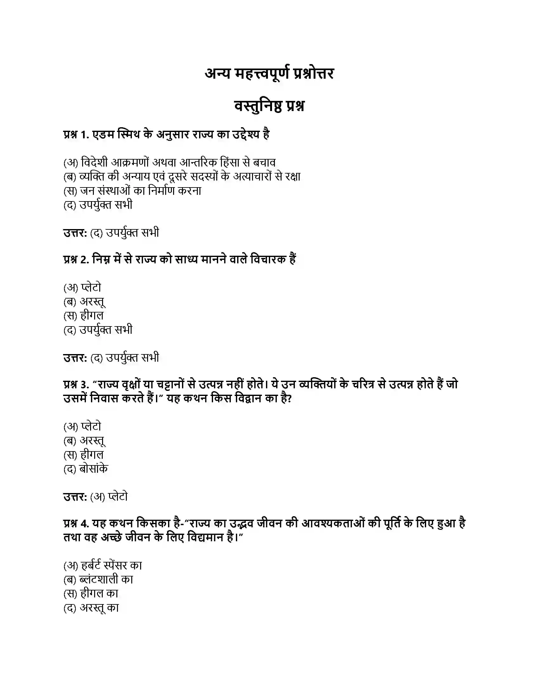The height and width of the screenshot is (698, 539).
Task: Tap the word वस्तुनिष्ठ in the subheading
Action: pyautogui.click(x=258, y=106)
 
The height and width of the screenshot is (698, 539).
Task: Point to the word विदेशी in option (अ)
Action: pyautogui.click(x=94, y=163)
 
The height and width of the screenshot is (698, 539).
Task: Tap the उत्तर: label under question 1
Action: pyautogui.click(x=75, y=233)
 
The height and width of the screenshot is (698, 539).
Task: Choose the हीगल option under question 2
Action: pyautogui.click(x=92, y=316)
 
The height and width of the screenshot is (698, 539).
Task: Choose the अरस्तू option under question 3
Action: pyautogui.click(x=92, y=441)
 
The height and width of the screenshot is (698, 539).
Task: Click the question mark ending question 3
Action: pyautogui.click(x=289, y=398)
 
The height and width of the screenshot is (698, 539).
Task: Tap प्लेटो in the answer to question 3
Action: pyautogui.click(x=118, y=497)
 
